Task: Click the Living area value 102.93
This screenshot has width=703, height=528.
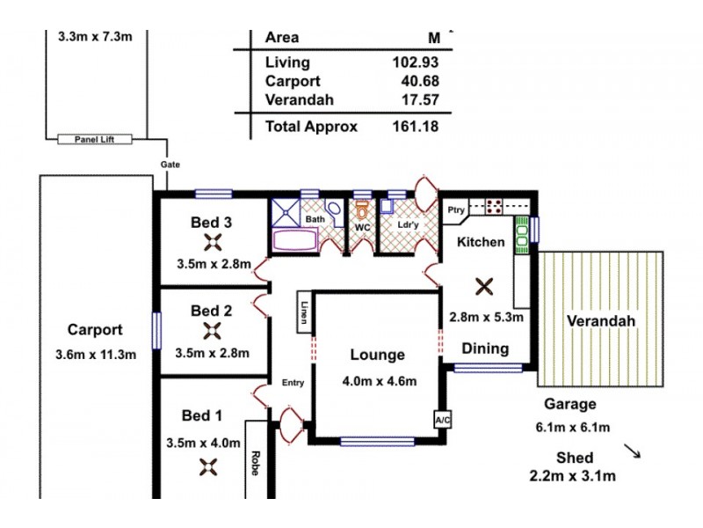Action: coord(415,62)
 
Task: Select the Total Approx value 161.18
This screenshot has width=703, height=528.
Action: coord(415,126)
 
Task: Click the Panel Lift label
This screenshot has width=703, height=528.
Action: coord(93,140)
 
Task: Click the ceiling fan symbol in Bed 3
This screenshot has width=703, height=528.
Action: coord(212,244)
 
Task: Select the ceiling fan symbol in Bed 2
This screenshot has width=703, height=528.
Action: coord(212,331)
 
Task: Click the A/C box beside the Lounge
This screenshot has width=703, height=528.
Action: coord(442,421)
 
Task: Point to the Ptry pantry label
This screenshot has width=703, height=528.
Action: coord(455,209)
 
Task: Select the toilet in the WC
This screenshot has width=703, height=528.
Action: coord(361,211)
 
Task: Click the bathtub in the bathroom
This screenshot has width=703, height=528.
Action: coord(297,241)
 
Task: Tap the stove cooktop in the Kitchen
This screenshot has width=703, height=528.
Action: coord(494,208)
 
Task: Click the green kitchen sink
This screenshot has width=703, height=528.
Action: coord(521,235)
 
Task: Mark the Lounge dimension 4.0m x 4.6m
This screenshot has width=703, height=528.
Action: coord(379,381)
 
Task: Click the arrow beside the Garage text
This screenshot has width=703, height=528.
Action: coord(632,451)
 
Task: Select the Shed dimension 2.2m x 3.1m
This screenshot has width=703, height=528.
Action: coord(573,476)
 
